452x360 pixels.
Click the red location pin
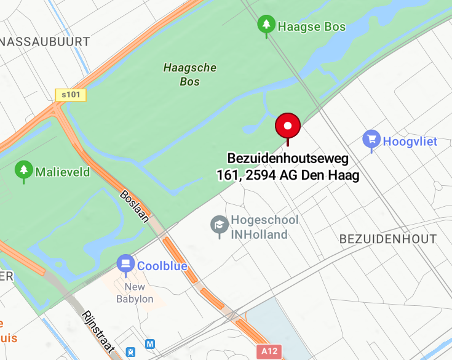287,126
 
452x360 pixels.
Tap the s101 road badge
71,95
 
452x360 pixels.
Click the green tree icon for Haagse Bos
266,25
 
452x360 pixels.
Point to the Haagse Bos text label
312,26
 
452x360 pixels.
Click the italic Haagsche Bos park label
190,74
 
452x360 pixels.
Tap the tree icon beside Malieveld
24,170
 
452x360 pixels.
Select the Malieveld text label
62,172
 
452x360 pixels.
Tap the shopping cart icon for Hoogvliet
371,140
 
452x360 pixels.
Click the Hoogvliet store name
410,141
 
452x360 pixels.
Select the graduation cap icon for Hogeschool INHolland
219,226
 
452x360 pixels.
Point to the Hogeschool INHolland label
264,227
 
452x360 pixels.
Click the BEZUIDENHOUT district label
388,239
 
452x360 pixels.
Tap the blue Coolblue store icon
125,265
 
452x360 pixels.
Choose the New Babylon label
135,293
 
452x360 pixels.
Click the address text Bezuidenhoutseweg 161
288,167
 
